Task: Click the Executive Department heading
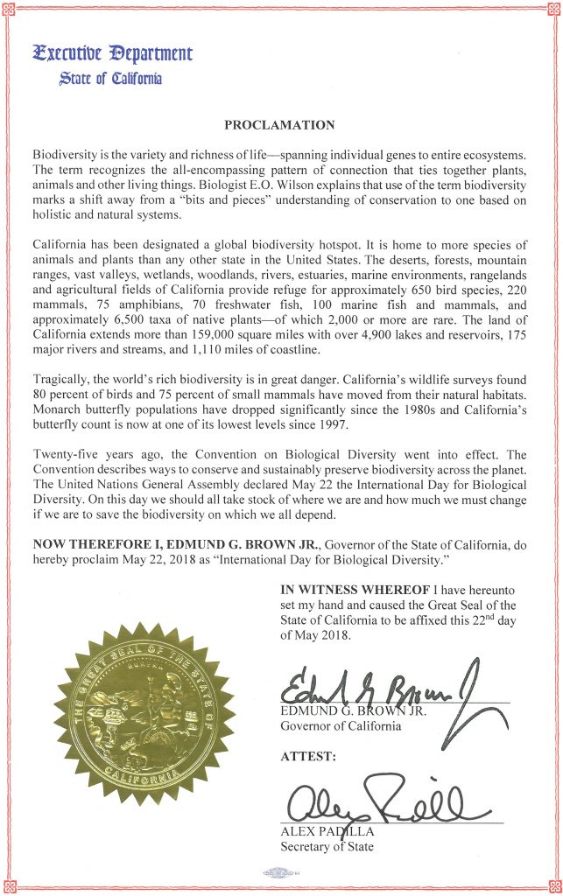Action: click(112, 53)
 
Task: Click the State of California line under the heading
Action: click(111, 79)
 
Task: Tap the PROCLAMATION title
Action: click(280, 124)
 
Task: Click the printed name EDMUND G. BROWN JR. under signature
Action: click(353, 711)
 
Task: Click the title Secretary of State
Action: click(327, 846)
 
